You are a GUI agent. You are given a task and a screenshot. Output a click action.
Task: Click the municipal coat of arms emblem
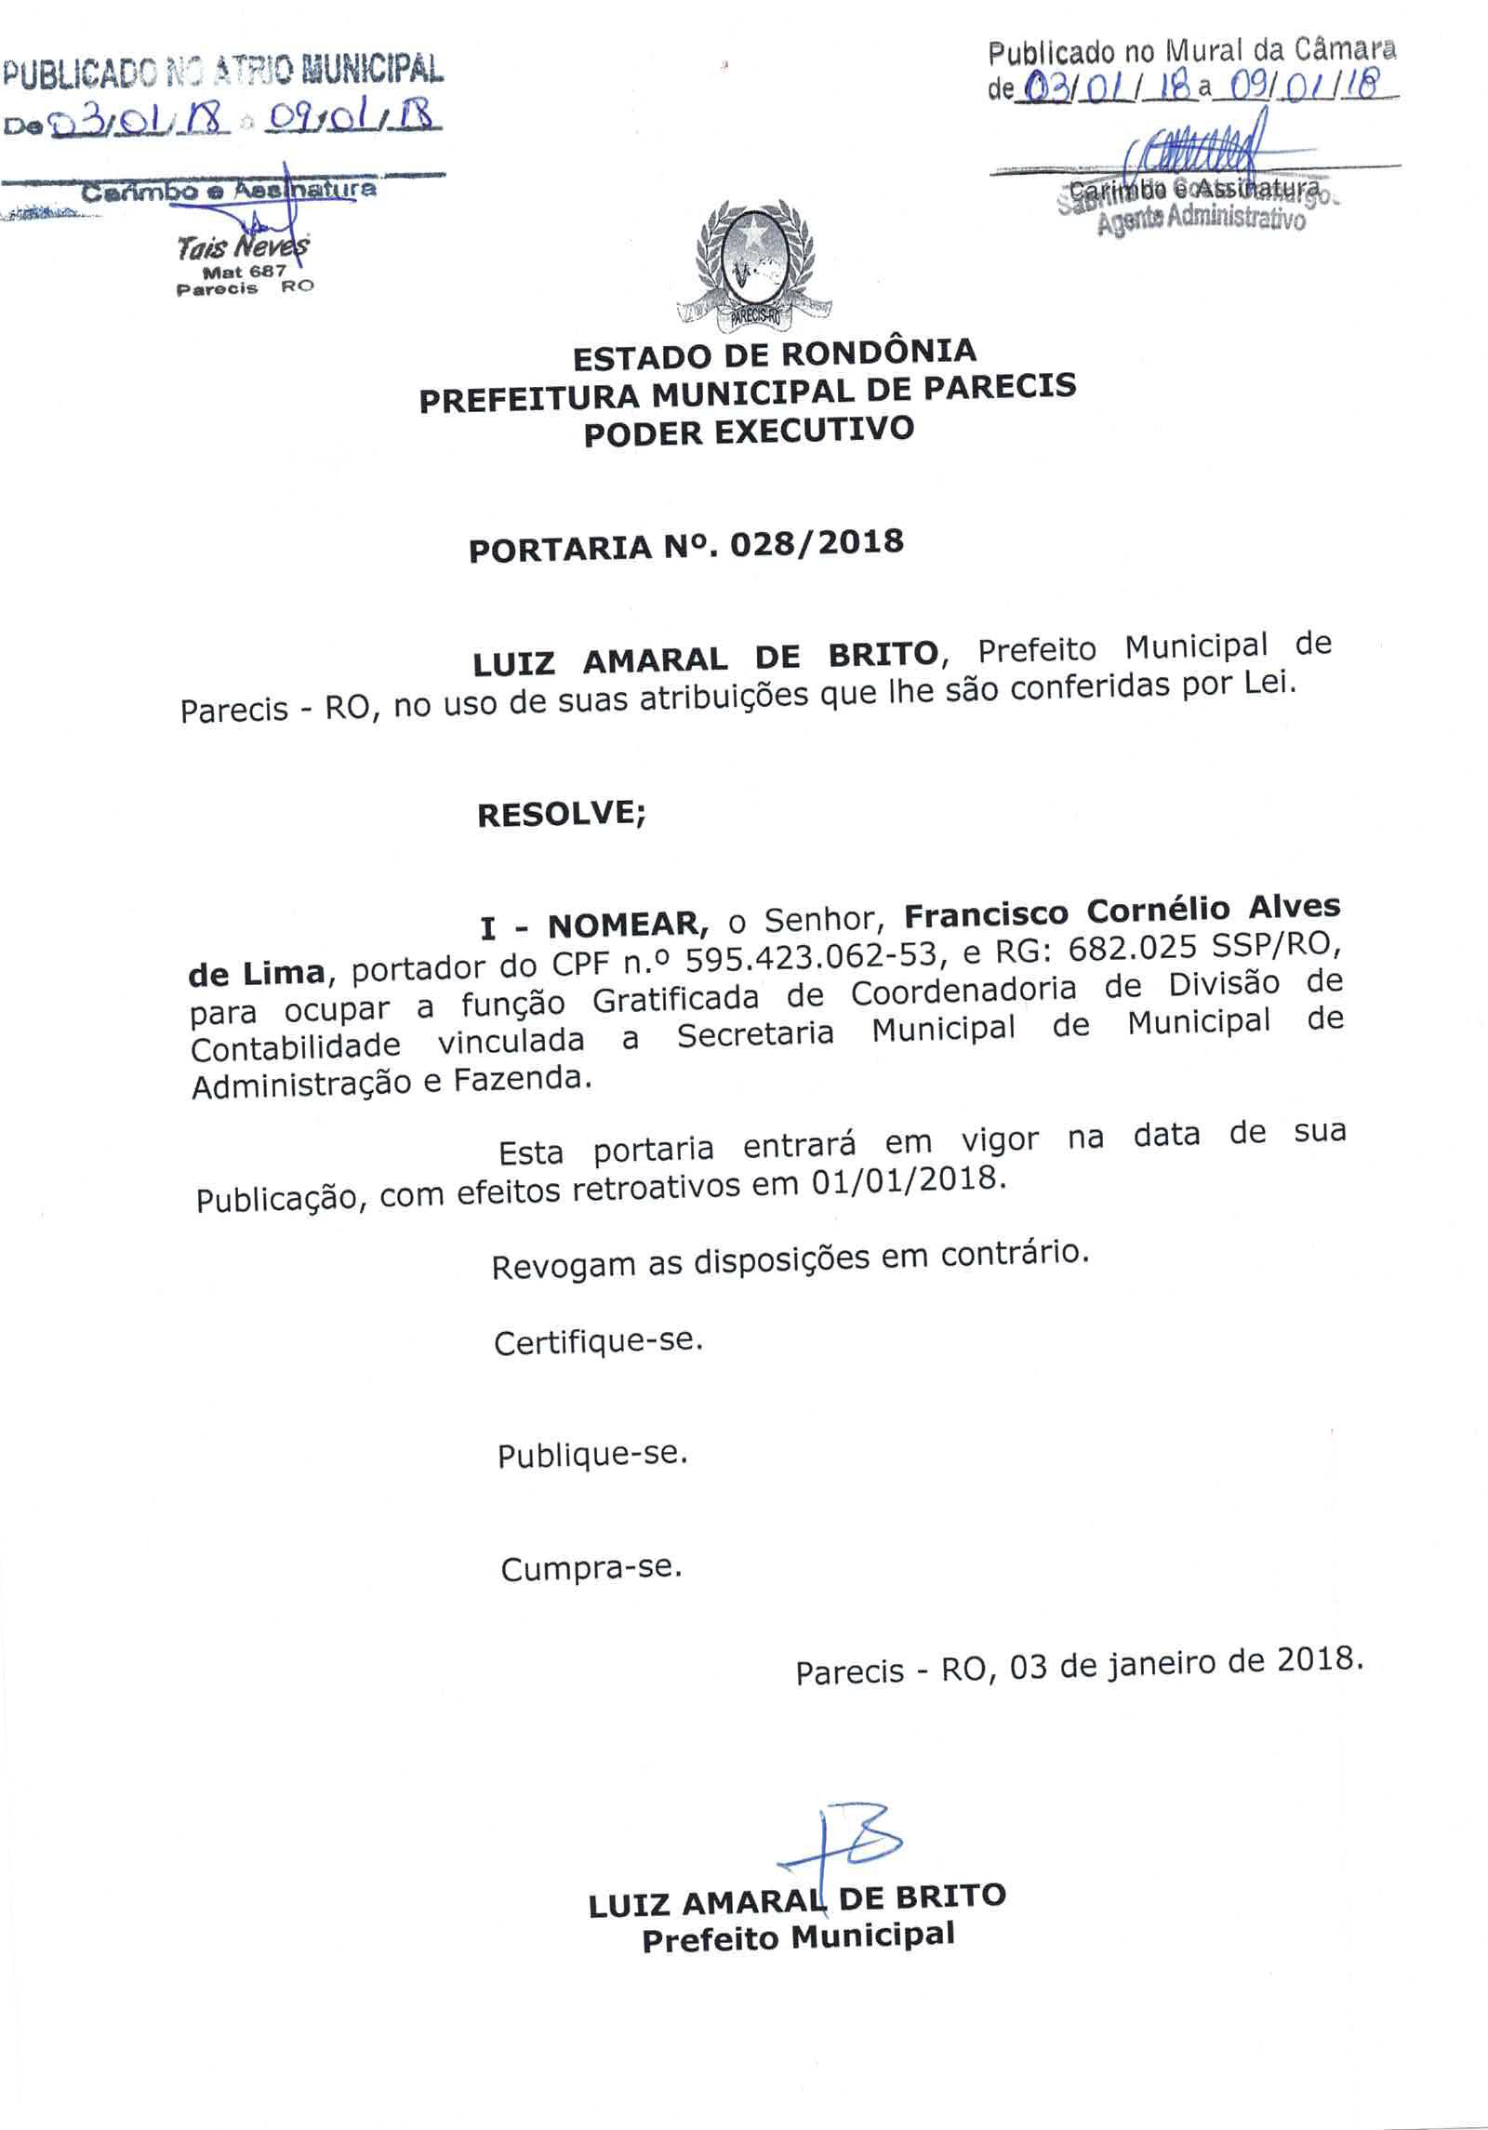755,271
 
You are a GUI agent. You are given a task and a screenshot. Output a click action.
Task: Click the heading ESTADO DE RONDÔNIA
774,354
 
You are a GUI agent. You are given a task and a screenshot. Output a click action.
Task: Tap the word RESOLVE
560,814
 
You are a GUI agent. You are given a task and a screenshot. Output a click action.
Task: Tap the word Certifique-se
598,1342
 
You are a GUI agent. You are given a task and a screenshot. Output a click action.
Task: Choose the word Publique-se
592,1455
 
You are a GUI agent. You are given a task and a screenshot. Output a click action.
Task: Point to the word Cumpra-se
591,1569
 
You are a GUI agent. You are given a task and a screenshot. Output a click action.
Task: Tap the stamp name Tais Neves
244,248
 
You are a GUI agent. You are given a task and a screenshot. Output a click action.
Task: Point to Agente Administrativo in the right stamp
1201,220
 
